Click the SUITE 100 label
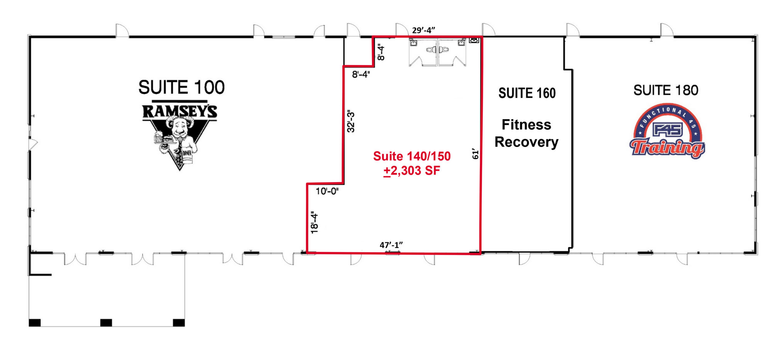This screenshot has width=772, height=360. pyautogui.click(x=181, y=87)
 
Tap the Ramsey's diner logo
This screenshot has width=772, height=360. pyautogui.click(x=180, y=135)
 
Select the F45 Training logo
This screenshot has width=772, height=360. pyautogui.click(x=667, y=131)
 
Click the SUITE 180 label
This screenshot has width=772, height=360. pyautogui.click(x=666, y=90)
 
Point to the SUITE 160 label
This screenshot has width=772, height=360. pyautogui.click(x=527, y=93)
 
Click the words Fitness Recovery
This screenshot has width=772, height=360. pyautogui.click(x=527, y=133)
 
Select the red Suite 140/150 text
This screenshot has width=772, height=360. pyautogui.click(x=412, y=156)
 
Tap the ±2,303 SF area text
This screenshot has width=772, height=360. pyautogui.click(x=412, y=171)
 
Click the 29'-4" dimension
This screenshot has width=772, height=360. pyautogui.click(x=423, y=30)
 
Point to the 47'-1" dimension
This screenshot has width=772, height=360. pyautogui.click(x=391, y=245)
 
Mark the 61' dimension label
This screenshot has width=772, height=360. pyautogui.click(x=475, y=154)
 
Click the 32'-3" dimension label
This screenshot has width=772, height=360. pyautogui.click(x=351, y=122)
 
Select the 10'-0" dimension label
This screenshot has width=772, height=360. pyautogui.click(x=327, y=191)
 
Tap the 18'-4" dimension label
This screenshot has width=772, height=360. pyautogui.click(x=315, y=223)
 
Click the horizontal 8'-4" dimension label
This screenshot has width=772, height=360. pyautogui.click(x=361, y=74)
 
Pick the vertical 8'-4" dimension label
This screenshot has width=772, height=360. pyautogui.click(x=381, y=52)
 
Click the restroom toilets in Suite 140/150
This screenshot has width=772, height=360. pyautogui.click(x=438, y=49)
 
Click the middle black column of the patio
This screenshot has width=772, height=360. pyautogui.click(x=106, y=323)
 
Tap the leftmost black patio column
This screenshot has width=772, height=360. pyautogui.click(x=35, y=323)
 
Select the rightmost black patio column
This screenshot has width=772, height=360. pyautogui.click(x=179, y=323)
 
